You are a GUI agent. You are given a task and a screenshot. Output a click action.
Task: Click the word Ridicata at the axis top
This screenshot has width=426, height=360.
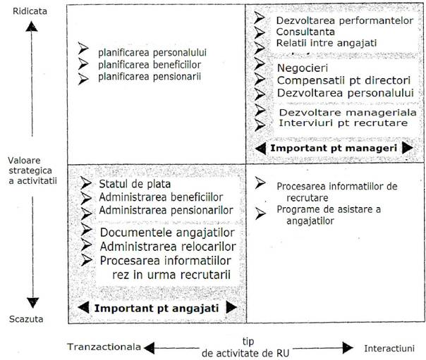[x=30, y=11]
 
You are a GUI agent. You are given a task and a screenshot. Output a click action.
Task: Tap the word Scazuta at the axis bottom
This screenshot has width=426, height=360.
[x=26, y=318]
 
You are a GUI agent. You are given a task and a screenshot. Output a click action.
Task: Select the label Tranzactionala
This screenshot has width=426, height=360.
[x=104, y=347]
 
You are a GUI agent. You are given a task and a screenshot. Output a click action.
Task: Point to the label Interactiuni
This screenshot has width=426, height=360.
[x=389, y=348]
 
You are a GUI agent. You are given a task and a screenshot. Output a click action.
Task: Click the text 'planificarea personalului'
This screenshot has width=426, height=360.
[x=152, y=52]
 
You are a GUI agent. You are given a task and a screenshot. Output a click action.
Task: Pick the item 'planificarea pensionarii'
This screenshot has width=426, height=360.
[x=150, y=76]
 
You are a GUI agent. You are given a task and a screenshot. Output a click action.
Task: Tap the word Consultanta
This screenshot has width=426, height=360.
[x=305, y=32]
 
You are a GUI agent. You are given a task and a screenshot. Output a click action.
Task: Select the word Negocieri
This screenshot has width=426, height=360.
[x=303, y=68]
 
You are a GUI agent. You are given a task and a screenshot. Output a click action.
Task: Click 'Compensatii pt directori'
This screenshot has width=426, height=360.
[x=343, y=80]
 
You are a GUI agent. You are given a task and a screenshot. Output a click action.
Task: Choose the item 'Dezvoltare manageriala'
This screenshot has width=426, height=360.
[x=348, y=112]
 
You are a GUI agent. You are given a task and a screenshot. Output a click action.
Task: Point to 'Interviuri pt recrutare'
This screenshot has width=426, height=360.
[x=343, y=123]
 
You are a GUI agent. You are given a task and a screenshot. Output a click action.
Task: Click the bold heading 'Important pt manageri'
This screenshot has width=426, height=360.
[x=334, y=148]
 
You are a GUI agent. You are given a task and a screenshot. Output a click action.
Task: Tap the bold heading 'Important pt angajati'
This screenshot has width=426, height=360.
[x=157, y=309]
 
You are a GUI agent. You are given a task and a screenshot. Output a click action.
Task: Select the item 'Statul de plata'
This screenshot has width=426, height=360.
[x=135, y=184]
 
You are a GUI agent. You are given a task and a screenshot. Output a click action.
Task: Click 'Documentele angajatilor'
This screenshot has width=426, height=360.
[x=167, y=232]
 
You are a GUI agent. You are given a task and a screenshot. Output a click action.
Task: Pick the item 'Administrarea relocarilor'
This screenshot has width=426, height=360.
[x=168, y=247]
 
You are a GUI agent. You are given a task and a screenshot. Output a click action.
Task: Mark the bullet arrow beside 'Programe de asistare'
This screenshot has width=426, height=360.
[x=260, y=213]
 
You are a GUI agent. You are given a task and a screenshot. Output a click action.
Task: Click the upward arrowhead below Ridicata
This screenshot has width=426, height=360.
[x=32, y=27]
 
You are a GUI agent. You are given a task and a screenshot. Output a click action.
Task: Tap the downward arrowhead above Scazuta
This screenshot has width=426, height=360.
[x=32, y=303]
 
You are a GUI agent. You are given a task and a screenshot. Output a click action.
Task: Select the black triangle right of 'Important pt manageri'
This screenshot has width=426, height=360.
[x=408, y=148]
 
